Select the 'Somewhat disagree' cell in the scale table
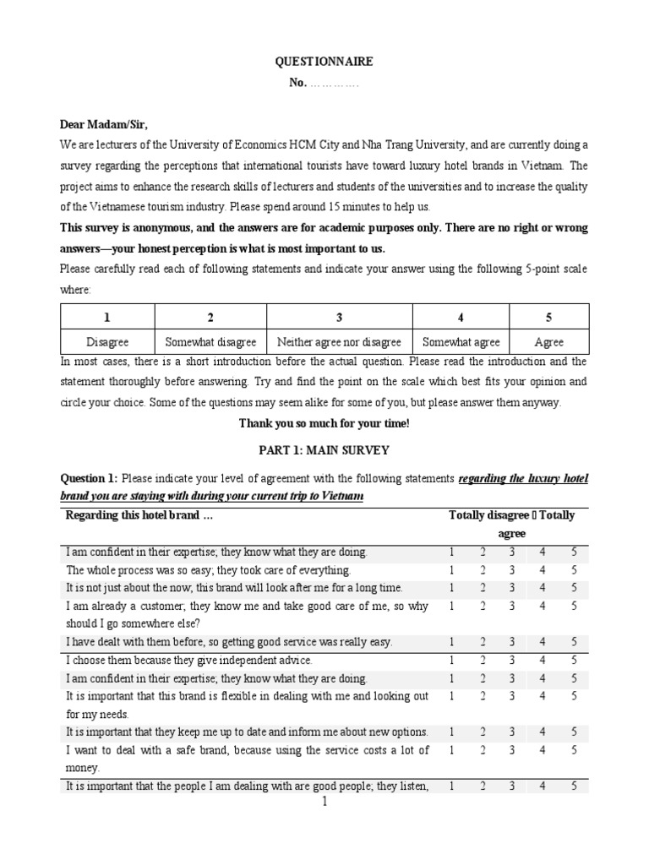click(210, 342)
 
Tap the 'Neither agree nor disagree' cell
click(339, 342)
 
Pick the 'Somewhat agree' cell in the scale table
click(461, 342)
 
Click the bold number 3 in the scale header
click(339, 318)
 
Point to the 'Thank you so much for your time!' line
click(324, 422)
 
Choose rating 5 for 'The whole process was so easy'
click(574, 570)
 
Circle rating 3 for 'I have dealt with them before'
click(512, 642)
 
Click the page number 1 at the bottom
click(324, 802)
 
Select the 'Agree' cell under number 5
click(549, 342)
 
